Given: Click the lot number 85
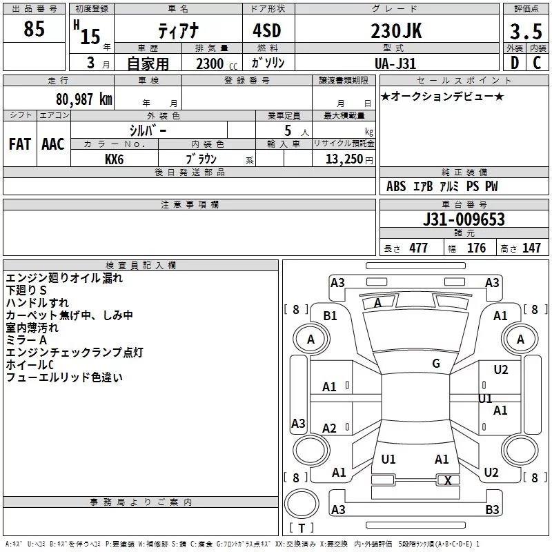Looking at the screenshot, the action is [34, 30].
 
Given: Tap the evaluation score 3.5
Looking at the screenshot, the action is [525, 32].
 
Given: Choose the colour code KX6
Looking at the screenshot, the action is [115, 159].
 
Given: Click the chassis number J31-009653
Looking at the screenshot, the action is [463, 220].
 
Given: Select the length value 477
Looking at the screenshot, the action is [418, 248].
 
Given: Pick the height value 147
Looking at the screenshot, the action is [531, 248].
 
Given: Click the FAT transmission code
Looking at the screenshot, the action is [19, 144].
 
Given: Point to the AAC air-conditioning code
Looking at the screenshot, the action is [52, 144].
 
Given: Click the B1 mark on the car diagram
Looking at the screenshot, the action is [331, 315].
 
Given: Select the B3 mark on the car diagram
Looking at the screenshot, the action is [492, 509].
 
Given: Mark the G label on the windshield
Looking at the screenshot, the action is [436, 364].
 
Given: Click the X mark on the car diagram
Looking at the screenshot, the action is [448, 481].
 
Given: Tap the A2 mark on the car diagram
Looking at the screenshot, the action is [330, 428].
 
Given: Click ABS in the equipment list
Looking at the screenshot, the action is [396, 186].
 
